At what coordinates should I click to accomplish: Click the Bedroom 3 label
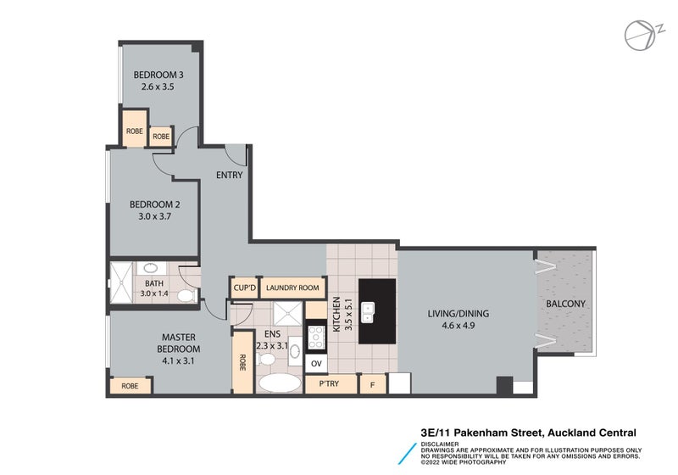(158, 75)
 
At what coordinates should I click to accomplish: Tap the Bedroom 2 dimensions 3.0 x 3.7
(155, 216)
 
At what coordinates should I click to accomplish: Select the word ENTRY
(229, 176)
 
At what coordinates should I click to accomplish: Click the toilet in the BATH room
(186, 296)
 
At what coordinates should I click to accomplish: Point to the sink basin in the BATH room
(152, 267)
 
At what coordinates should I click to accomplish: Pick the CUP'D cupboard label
(245, 288)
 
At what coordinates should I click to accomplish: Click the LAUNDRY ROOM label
(292, 288)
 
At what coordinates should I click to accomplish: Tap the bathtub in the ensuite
(280, 383)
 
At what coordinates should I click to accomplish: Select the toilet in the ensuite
(265, 359)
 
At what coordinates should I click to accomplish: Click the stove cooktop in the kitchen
(316, 337)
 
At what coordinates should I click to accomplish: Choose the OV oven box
(316, 364)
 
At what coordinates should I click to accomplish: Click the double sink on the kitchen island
(368, 312)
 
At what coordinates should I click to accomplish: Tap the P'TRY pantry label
(329, 383)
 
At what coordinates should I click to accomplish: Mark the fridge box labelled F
(373, 384)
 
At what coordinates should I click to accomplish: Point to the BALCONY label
(565, 305)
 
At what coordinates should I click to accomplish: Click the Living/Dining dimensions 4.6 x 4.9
(458, 326)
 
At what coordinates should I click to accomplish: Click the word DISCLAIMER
(440, 444)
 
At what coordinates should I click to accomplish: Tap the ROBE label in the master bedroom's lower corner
(130, 386)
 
